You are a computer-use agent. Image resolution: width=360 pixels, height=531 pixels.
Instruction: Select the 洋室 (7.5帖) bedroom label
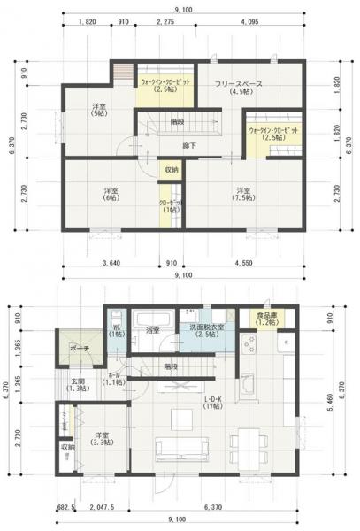click(245, 196)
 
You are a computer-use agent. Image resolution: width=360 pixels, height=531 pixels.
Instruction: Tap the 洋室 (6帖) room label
click(110, 196)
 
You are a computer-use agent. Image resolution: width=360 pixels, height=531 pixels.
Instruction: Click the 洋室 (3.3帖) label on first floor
click(103, 440)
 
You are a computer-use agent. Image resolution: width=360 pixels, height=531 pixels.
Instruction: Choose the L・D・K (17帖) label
click(211, 403)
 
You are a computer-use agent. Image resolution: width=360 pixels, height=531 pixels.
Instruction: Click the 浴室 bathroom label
click(153, 330)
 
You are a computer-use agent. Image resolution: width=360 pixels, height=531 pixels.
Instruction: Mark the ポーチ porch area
click(80, 347)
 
